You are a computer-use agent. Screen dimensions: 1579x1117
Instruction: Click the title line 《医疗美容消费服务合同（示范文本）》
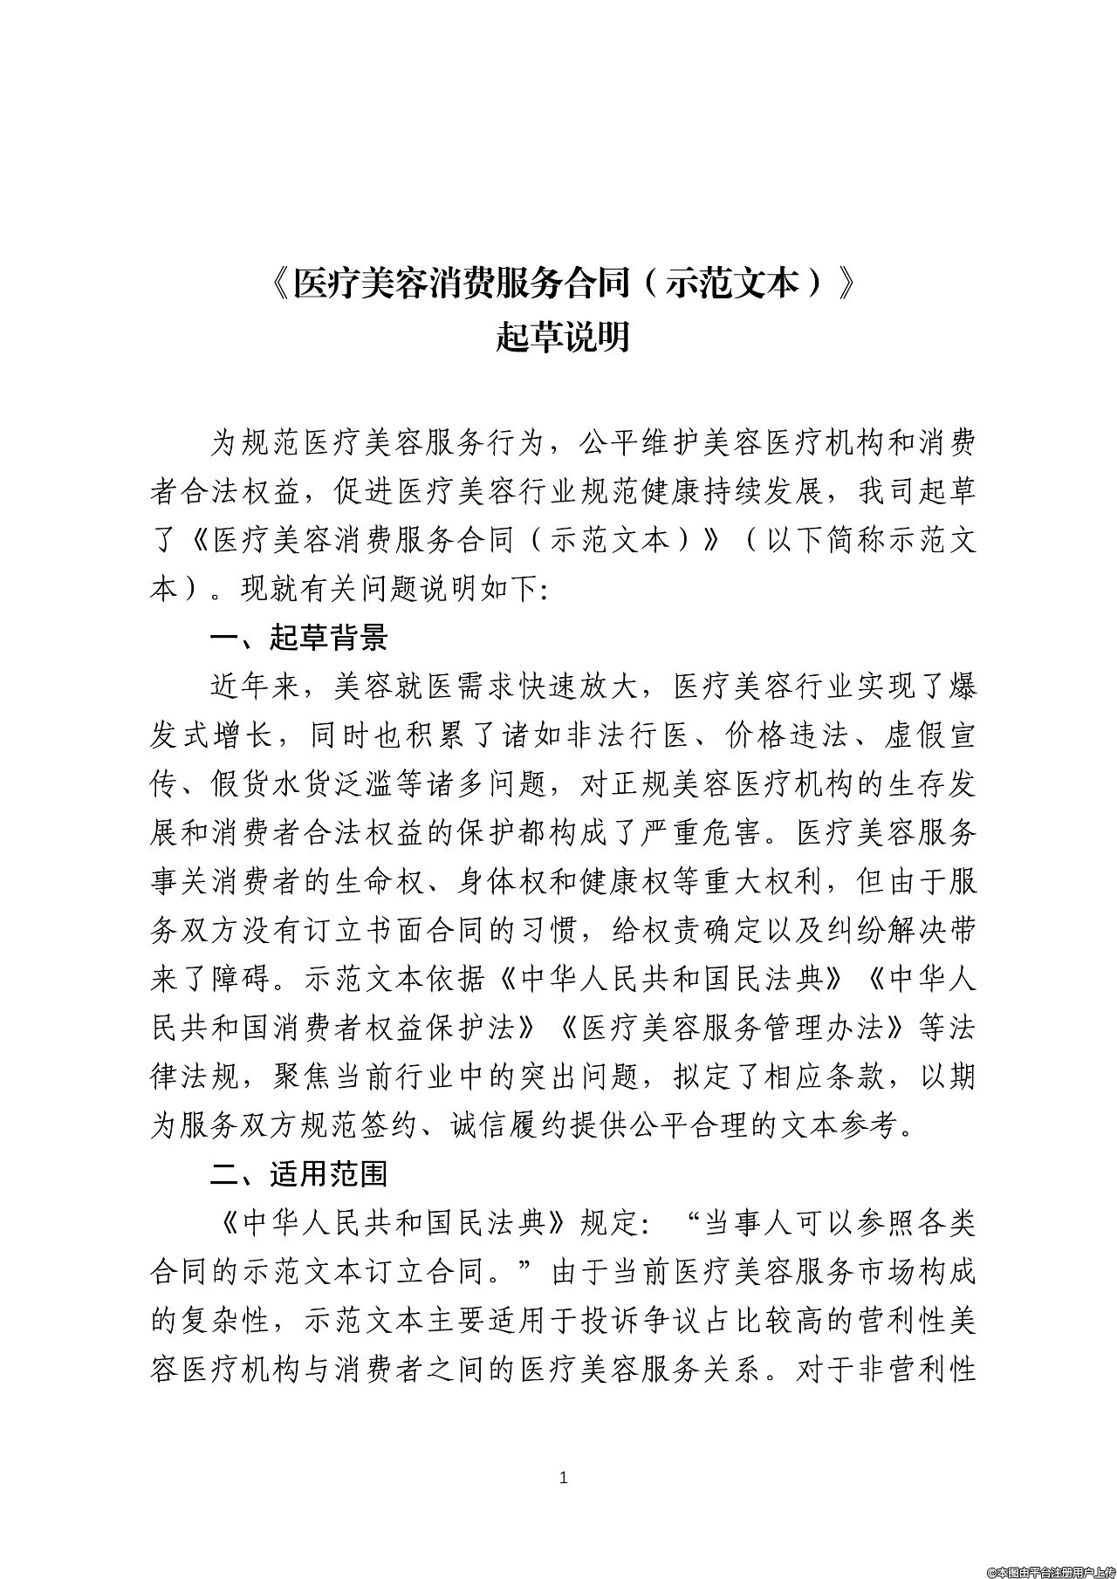pyautogui.click(x=563, y=284)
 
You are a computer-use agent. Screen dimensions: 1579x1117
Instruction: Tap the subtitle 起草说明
pyautogui.click(x=563, y=337)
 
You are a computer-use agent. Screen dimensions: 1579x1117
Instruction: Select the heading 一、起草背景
pyautogui.click(x=298, y=638)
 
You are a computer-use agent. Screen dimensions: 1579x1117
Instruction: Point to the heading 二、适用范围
pyautogui.click(x=298, y=1173)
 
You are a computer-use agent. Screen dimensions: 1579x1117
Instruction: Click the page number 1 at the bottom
pyautogui.click(x=563, y=1477)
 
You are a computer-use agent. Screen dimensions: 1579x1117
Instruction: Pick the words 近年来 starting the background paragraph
pyautogui.click(x=254, y=687)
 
